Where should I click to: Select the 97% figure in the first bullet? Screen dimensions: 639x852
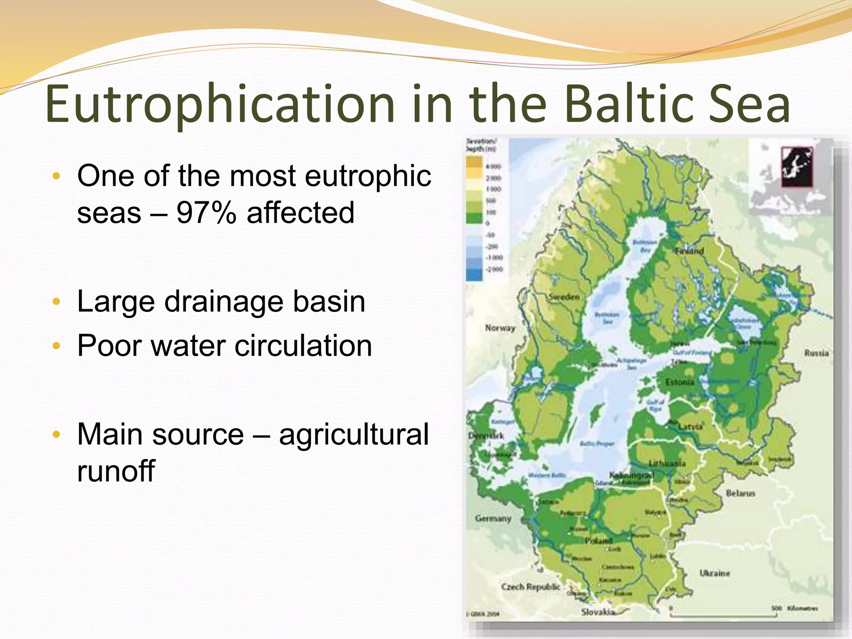[206, 213]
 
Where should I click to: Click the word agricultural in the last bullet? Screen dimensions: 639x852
[354, 434]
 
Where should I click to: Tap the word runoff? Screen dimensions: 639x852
[116, 471]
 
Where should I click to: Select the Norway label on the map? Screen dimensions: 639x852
[500, 328]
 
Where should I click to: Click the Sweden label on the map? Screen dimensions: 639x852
[564, 297]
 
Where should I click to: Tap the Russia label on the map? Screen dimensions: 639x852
[816, 353]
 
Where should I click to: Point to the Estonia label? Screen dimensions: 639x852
[679, 382]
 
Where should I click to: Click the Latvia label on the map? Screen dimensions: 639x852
[690, 426]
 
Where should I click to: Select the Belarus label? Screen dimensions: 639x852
[740, 493]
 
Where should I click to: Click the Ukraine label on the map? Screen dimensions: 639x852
[714, 573]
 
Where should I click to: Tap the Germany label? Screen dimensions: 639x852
[493, 519]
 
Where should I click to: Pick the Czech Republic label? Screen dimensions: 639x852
[530, 587]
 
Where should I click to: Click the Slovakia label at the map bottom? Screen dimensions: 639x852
[598, 612]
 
